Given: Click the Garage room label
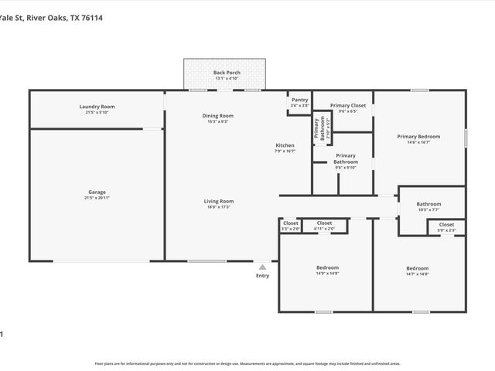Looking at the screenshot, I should (x=97, y=192).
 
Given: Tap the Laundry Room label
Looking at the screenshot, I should (x=97, y=107).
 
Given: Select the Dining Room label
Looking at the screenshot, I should (x=217, y=116).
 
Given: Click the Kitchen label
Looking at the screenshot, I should (x=285, y=145).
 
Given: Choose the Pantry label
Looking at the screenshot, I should (x=299, y=100).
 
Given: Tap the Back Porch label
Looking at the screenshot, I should (x=227, y=73).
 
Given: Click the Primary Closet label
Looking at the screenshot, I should (x=347, y=105).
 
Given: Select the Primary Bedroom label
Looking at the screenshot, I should (x=418, y=137).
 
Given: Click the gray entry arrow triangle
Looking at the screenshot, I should (x=262, y=267).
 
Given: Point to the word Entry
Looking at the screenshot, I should (x=263, y=275).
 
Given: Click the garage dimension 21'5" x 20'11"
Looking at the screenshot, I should (x=97, y=198).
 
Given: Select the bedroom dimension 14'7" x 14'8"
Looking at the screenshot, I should (x=417, y=274).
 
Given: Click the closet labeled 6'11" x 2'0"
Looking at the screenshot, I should (x=324, y=229).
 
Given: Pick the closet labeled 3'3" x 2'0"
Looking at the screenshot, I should (x=290, y=229).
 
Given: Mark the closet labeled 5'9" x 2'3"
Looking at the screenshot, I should (x=446, y=230).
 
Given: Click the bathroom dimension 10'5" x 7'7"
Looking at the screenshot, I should (x=428, y=209).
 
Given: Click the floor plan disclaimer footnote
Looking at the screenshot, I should (x=247, y=362).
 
